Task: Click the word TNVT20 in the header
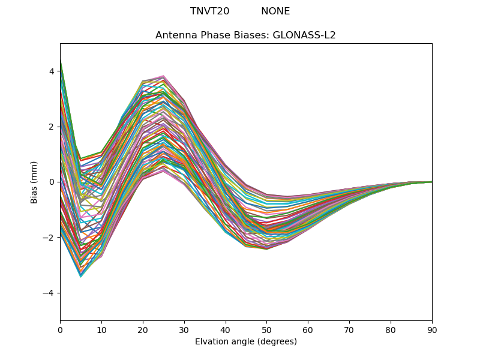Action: [209, 11]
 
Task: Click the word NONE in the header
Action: [275, 11]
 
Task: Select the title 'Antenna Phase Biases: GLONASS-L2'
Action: [245, 35]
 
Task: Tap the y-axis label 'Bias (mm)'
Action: [34, 182]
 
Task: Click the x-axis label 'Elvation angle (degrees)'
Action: [245, 341]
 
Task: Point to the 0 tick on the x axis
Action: [60, 329]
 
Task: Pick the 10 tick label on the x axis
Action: [101, 329]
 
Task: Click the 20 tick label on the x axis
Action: [143, 329]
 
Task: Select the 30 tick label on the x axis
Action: [184, 329]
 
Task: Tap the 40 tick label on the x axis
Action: [225, 329]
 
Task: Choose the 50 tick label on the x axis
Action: [266, 329]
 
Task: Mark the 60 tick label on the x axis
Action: [308, 329]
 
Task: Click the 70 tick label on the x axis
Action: [349, 329]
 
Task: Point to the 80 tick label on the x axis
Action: [391, 329]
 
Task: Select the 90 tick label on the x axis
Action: [432, 329]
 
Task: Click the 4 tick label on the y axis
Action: [52, 71]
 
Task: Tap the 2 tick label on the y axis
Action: [52, 127]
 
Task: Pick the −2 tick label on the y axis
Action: [49, 238]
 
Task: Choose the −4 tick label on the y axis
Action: [49, 293]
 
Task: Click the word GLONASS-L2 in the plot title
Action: [304, 35]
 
